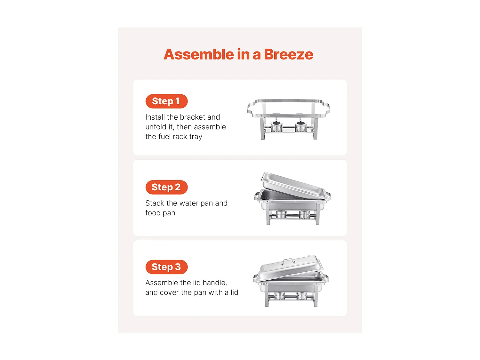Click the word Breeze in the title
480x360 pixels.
point(288,54)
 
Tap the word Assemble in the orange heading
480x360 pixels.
point(199,54)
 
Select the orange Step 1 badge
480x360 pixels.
point(166,101)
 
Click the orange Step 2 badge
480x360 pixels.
point(166,187)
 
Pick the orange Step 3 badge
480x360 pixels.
point(166,267)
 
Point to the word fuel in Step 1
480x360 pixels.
point(164,137)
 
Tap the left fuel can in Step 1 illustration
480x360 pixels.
point(276,126)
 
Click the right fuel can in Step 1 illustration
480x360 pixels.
point(301,126)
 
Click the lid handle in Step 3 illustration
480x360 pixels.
point(289,262)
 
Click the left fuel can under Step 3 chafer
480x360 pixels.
point(280,296)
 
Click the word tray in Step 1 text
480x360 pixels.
point(196,137)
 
